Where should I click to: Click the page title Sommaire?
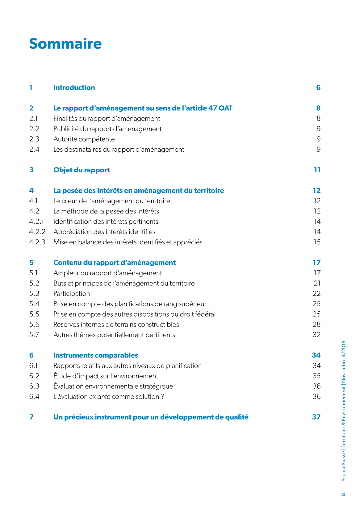65,44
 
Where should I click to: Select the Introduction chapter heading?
74,88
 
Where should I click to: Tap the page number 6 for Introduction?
318,88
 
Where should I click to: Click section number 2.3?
34,139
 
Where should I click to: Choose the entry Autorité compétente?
84,139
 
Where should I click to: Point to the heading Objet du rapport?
82,170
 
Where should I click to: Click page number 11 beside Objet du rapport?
317,170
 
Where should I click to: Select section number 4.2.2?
37,232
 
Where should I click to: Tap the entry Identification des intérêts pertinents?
106,222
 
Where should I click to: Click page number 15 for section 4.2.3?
317,242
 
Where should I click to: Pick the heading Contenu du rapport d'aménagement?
115,263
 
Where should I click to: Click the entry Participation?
72,294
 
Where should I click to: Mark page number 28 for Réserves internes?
316,325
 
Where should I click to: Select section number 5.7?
34,335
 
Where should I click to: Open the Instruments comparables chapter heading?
96,355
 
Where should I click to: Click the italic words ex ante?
100,397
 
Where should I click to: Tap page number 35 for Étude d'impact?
316,376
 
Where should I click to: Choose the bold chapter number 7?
31,417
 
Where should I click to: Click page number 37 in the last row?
316,417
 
